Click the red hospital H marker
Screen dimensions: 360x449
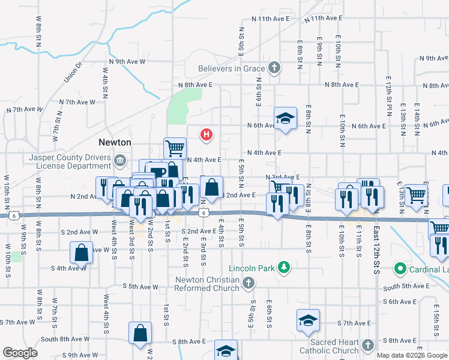tap(206, 135)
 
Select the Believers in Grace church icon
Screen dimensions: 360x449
tap(274, 68)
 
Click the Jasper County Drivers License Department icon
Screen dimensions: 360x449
tap(120, 160)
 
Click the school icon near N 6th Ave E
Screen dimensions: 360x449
tap(285, 118)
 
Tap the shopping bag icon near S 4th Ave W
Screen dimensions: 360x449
tap(81, 252)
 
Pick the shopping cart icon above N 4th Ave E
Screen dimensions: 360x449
tap(175, 148)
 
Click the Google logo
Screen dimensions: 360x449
tap(20, 353)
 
